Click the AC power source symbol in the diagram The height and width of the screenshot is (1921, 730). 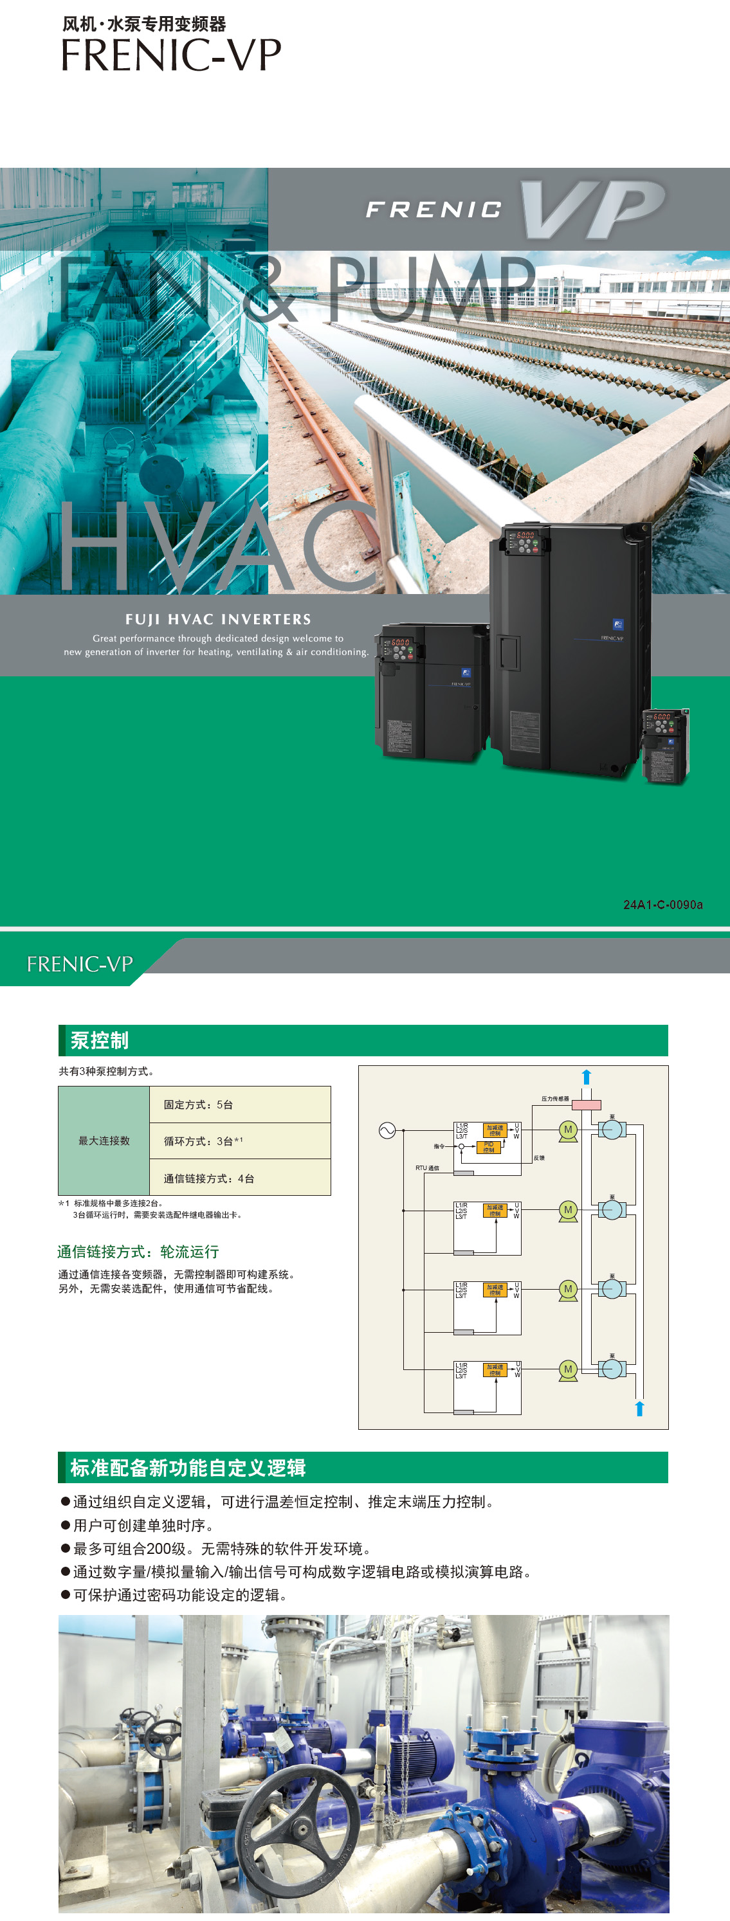pyautogui.click(x=387, y=1130)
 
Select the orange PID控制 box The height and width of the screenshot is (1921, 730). pyautogui.click(x=488, y=1147)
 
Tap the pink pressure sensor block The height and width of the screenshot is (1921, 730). pyautogui.click(x=586, y=1105)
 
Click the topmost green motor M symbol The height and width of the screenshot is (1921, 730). pyautogui.click(x=568, y=1130)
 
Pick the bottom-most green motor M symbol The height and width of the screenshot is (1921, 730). pyautogui.click(x=568, y=1369)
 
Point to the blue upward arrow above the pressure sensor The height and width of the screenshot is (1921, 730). pyautogui.click(x=586, y=1077)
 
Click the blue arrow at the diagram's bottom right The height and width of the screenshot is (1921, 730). pyautogui.click(x=639, y=1408)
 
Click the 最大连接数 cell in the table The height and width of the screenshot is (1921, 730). pyautogui.click(x=104, y=1141)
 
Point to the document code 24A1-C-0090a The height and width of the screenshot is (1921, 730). pyautogui.click(x=662, y=905)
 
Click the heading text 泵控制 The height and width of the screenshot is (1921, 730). pyautogui.click(x=99, y=1040)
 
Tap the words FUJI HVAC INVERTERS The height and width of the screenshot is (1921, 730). pyautogui.click(x=218, y=619)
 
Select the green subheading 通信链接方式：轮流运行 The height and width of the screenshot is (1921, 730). pyautogui.click(x=138, y=1251)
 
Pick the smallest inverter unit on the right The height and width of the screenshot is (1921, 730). pyautogui.click(x=665, y=746)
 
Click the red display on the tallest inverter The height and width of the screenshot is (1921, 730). pyautogui.click(x=525, y=536)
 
